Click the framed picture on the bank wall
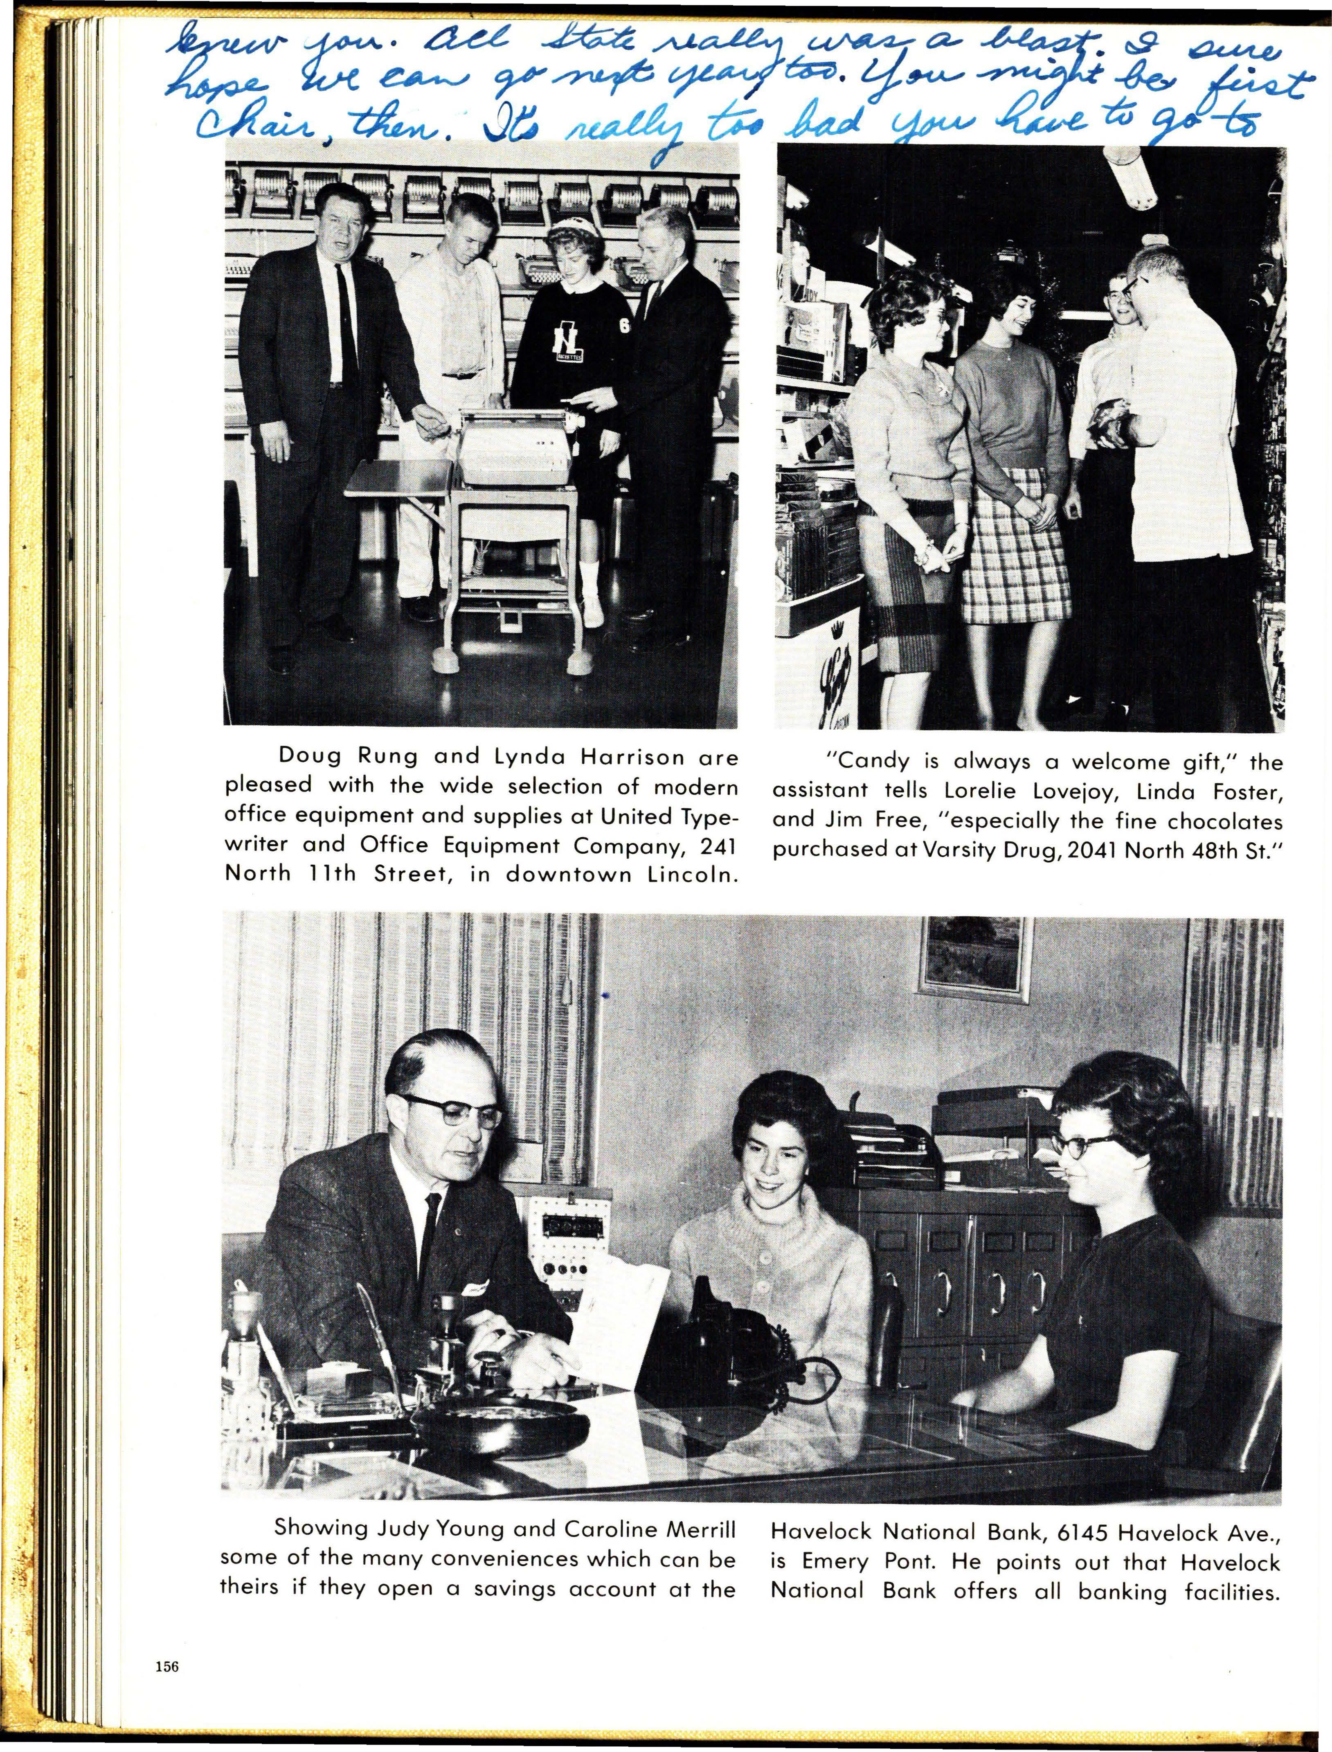pos(974,959)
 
